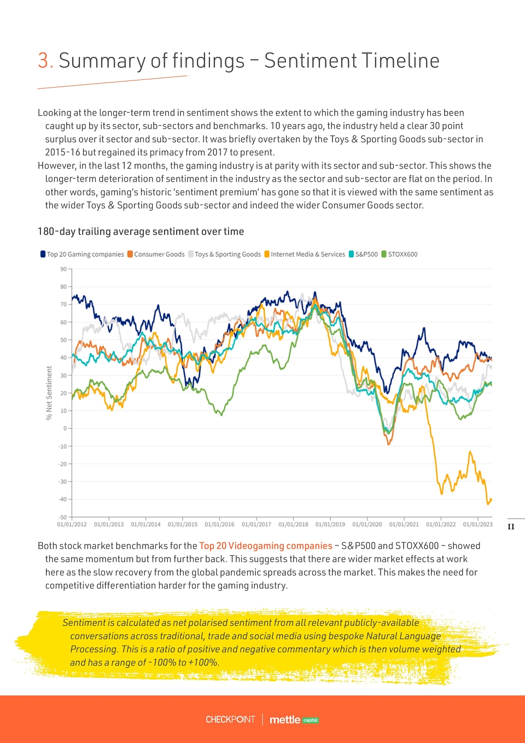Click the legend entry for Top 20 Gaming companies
[82, 254]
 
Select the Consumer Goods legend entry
[156, 254]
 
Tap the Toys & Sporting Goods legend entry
[224, 254]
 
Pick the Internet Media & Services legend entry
[305, 254]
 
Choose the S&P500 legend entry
[363, 254]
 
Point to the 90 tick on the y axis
[63, 269]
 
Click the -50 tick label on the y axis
[63, 517]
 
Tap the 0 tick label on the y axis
[65, 428]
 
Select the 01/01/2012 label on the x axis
[72, 524]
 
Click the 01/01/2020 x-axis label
[367, 524]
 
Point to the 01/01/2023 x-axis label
[477, 524]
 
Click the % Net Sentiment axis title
[49, 393]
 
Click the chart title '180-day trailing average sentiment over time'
[141, 231]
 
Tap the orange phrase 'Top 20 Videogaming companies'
[265, 546]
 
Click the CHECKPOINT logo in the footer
[230, 719]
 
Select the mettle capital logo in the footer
[294, 720]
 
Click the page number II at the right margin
[511, 527]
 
